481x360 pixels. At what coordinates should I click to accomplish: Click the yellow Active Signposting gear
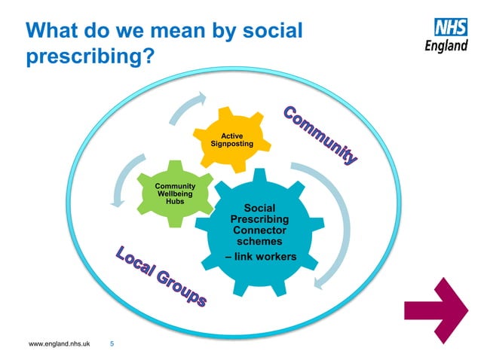[231, 139]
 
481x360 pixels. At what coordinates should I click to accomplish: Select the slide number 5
[112, 344]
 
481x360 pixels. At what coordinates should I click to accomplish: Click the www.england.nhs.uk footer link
[59, 344]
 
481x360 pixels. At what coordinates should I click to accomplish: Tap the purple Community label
[320, 136]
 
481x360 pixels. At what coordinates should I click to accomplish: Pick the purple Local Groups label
[161, 276]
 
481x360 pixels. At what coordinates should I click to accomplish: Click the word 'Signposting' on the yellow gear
[231, 143]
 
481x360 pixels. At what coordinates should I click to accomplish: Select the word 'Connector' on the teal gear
[259, 230]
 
